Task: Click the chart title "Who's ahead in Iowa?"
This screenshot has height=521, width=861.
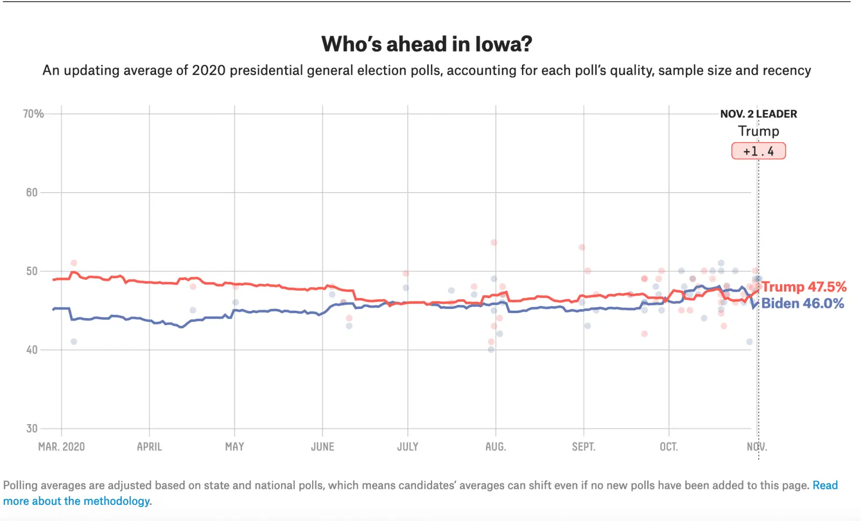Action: tap(427, 44)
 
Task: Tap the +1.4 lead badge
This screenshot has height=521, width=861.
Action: tap(758, 151)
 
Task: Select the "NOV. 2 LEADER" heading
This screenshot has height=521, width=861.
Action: tap(758, 114)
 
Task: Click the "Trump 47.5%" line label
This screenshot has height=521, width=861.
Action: tap(804, 287)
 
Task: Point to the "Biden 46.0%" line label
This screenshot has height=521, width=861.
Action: tap(802, 304)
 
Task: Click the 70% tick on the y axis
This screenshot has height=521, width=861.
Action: tap(33, 114)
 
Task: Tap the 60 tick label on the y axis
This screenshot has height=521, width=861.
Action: tap(32, 192)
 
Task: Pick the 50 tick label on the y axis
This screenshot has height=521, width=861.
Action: tap(32, 271)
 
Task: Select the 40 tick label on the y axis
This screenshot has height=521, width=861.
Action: tap(32, 350)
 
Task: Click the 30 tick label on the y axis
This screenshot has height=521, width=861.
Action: tap(32, 428)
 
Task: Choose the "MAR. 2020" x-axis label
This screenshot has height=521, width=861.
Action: tap(61, 447)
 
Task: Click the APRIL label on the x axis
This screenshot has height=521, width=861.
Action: tap(150, 447)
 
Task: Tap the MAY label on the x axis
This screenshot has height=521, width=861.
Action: tap(235, 447)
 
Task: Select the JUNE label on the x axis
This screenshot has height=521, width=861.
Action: tap(322, 447)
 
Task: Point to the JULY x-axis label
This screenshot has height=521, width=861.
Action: tap(408, 447)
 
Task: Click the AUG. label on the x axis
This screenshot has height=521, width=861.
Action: tap(496, 447)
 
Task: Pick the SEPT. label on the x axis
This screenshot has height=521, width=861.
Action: tap(583, 447)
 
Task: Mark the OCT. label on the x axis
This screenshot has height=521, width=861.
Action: tap(669, 447)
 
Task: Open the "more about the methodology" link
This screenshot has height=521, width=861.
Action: tap(76, 501)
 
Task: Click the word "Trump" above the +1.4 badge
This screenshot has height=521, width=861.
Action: tap(758, 131)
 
